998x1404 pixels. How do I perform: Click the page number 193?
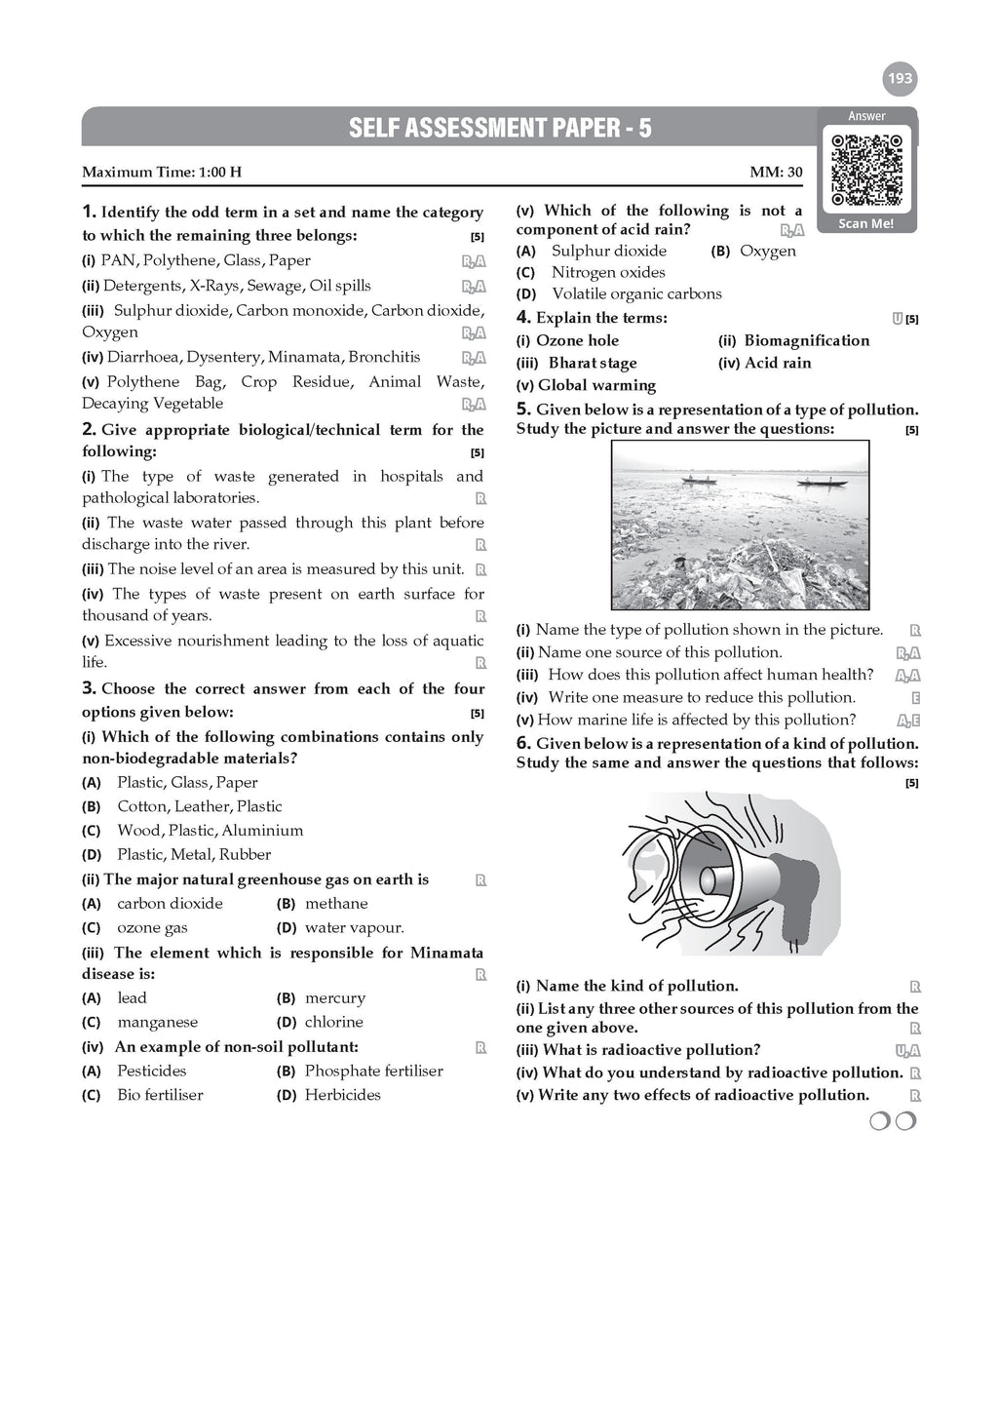(x=901, y=78)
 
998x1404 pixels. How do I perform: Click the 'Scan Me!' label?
(x=866, y=223)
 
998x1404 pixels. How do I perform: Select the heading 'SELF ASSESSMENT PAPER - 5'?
(x=500, y=128)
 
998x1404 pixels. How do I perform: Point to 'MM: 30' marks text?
(x=776, y=173)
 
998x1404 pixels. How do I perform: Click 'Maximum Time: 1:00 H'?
(x=162, y=173)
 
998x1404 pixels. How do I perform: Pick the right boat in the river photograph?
(x=818, y=481)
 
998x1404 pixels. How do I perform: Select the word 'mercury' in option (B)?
(x=335, y=998)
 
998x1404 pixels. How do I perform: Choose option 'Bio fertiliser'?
(x=160, y=1095)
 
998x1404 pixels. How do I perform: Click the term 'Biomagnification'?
(x=806, y=340)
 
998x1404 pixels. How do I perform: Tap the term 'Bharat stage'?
(x=593, y=363)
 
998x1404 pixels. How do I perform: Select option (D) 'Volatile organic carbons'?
(x=636, y=293)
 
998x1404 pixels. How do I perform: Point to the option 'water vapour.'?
(x=354, y=928)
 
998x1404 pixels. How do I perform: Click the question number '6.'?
(x=523, y=743)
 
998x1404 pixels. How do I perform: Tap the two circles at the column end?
(x=893, y=1122)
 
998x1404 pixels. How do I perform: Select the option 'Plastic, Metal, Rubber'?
(x=194, y=855)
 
